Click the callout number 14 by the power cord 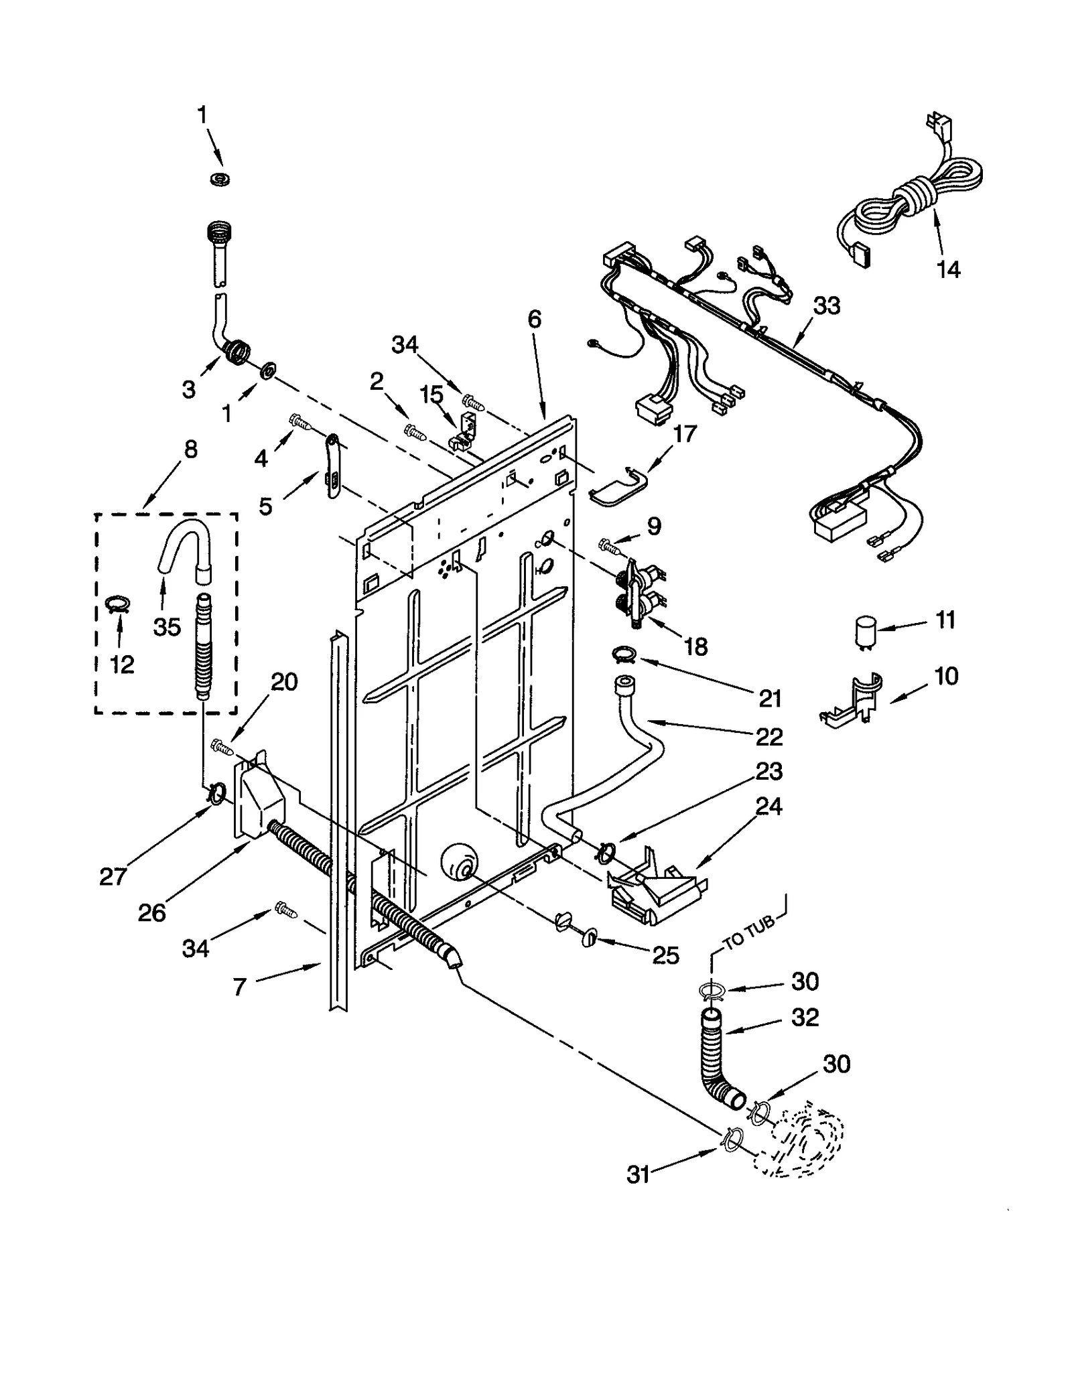click(x=948, y=270)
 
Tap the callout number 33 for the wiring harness click(x=826, y=306)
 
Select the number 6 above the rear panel click(x=534, y=320)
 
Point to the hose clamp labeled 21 click(x=623, y=652)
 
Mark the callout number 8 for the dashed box click(x=190, y=449)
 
